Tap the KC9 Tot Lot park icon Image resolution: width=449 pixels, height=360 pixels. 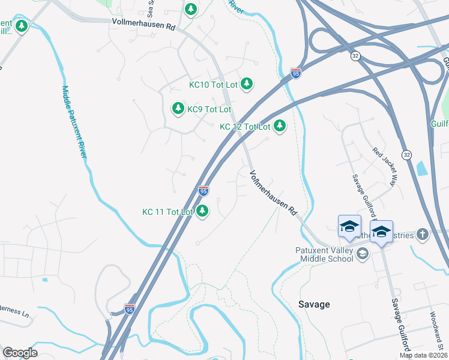tap(178, 109)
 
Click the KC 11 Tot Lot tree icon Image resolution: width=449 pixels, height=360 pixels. tap(203, 211)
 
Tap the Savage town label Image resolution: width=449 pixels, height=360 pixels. tap(314, 304)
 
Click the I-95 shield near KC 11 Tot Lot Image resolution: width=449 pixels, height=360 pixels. tap(203, 191)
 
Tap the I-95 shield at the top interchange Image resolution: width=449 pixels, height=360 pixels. tap(296, 73)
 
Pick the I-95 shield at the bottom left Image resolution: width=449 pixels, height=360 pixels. tap(130, 309)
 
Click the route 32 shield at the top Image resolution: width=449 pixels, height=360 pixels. tap(356, 56)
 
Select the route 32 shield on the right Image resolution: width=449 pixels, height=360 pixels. tap(406, 154)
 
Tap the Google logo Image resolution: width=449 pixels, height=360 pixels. tap(20, 353)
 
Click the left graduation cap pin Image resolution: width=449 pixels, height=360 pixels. tap(349, 226)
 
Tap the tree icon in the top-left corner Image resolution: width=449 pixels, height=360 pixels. tap(22, 26)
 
